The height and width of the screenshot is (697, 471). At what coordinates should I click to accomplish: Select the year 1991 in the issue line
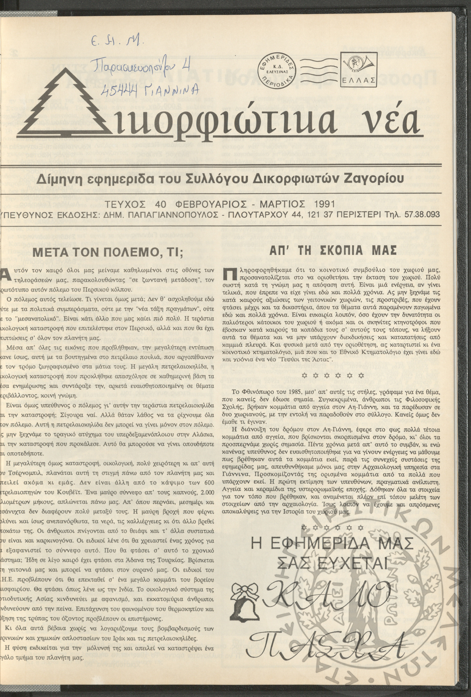321,204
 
